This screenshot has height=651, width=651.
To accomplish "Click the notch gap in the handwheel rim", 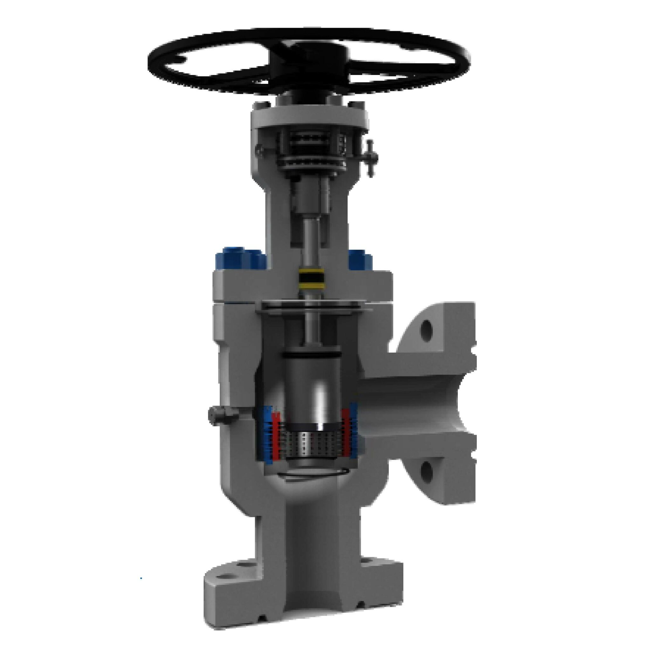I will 182,61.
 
